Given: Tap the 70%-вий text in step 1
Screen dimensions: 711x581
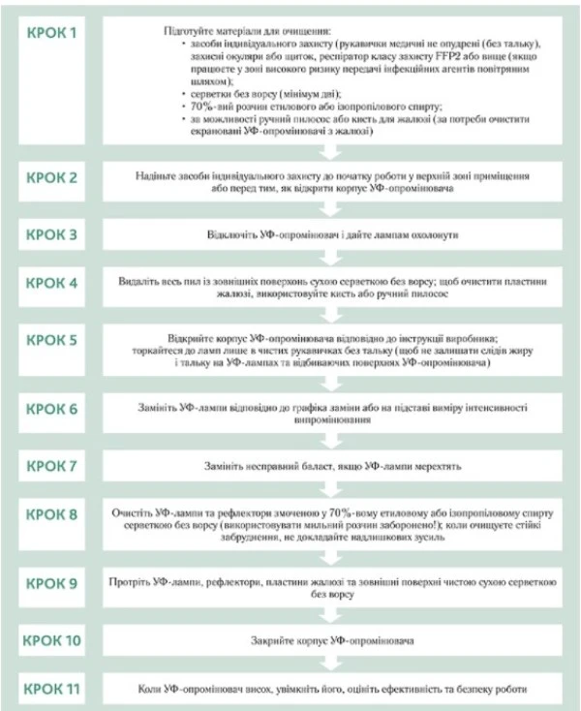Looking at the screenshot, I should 204,105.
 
